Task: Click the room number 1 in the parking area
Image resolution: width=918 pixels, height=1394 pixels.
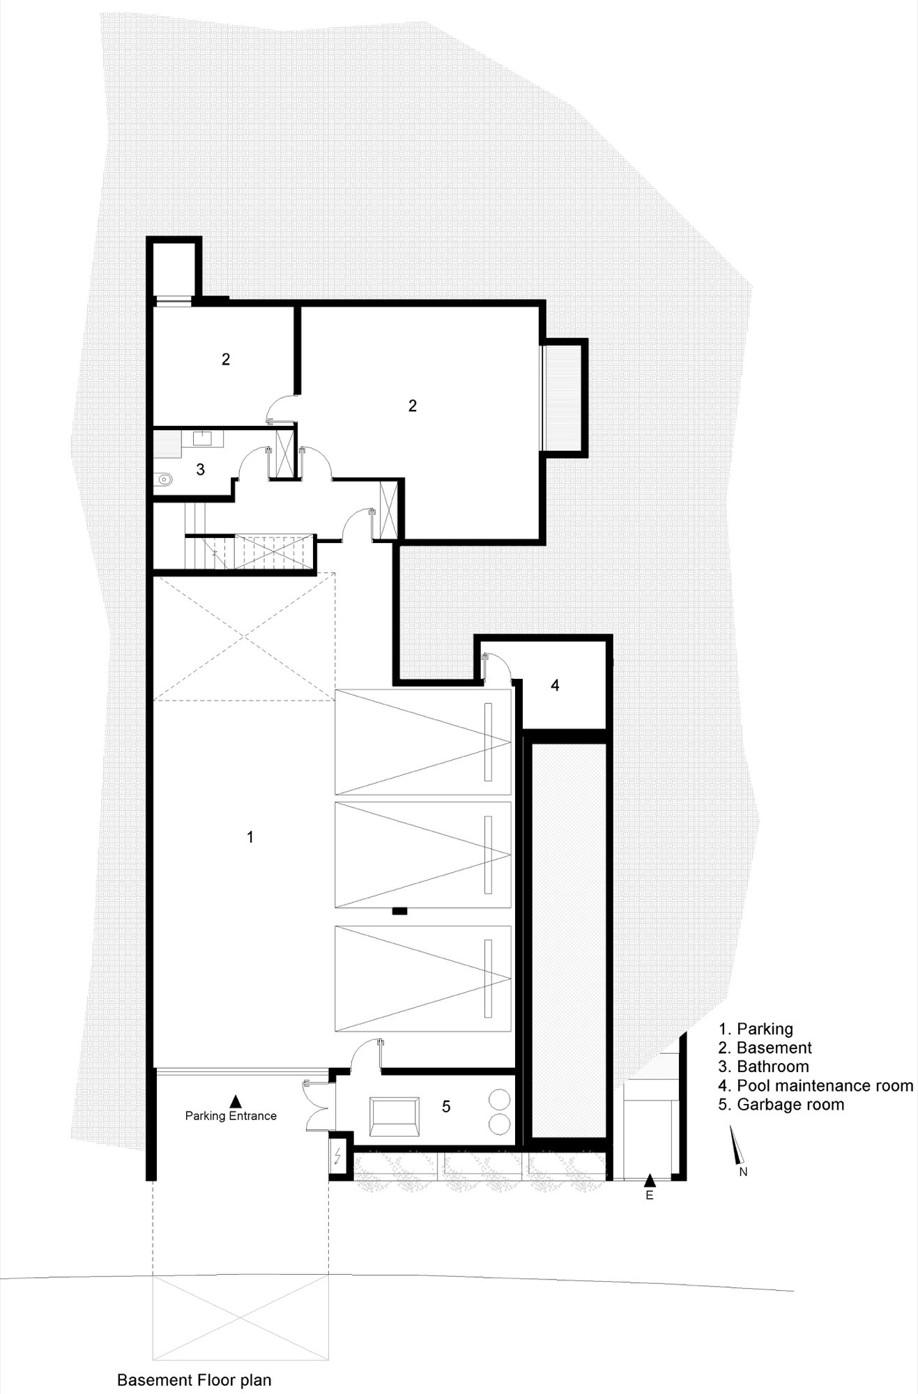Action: (250, 836)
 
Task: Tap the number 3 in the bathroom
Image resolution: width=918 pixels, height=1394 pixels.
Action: (201, 470)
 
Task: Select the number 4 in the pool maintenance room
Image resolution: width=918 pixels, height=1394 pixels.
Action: (555, 685)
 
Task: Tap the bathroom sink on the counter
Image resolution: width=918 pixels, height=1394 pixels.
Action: (203, 438)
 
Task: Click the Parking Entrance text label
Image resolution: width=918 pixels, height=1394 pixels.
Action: (231, 1116)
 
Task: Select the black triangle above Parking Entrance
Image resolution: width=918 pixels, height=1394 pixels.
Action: (236, 1101)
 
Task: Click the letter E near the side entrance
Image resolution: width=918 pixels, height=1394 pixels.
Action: (650, 1195)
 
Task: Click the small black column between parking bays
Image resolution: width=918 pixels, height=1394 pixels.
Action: (399, 910)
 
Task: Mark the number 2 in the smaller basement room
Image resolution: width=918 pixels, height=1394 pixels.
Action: (226, 360)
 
